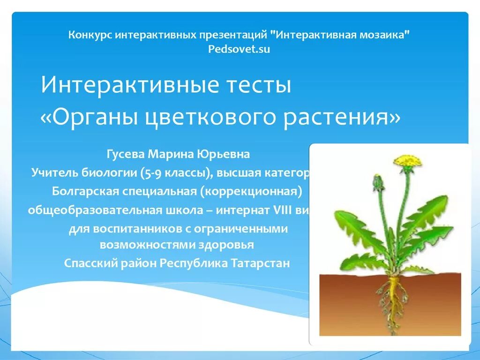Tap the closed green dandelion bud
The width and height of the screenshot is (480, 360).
coord(378,182)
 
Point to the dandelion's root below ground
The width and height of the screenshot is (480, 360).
coord(393,300)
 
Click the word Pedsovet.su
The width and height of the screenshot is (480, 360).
coord(239,49)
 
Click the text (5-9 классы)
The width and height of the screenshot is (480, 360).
coord(174,173)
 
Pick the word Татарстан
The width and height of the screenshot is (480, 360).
coord(260,263)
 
